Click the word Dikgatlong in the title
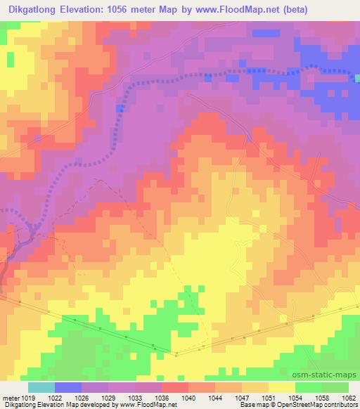tap(33, 9)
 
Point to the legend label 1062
tap(350, 397)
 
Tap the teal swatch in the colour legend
tap(41, 387)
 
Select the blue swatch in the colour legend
tap(68, 387)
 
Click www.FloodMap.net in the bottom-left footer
tap(147, 405)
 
